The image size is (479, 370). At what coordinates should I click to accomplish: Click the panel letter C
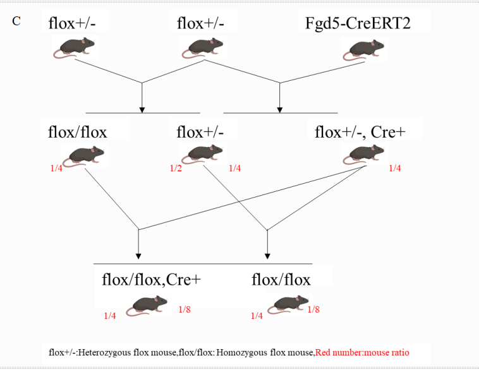16,21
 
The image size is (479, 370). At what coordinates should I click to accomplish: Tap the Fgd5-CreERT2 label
367,23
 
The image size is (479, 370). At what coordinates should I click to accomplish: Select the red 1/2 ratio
176,168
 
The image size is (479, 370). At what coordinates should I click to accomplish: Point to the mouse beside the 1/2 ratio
203,154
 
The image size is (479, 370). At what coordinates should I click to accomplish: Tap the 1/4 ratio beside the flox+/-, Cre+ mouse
395,168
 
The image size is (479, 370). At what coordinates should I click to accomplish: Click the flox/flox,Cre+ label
151,279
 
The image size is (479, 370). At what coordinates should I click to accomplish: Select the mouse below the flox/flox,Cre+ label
148,306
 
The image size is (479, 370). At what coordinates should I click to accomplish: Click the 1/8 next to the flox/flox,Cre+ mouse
185,309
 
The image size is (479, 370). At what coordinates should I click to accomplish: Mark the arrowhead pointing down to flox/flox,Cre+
138,256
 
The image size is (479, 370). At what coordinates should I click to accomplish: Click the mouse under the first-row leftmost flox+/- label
75,47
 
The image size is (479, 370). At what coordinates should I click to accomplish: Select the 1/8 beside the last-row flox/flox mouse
313,309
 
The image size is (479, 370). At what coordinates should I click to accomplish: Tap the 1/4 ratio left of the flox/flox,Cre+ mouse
110,316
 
